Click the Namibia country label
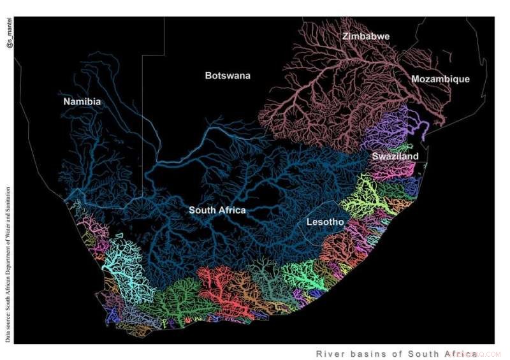82,101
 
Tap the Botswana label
228,76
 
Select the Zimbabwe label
365,36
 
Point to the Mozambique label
440,79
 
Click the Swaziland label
395,156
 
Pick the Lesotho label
325,222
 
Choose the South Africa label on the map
217,210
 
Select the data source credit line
8,264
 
